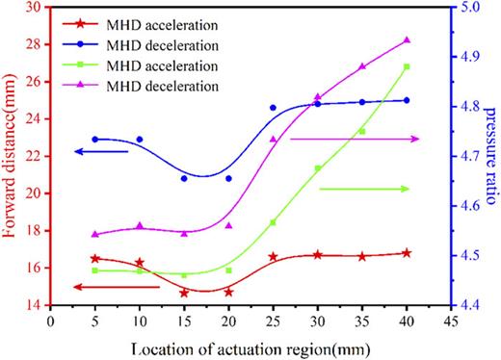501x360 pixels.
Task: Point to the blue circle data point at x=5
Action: tap(94, 140)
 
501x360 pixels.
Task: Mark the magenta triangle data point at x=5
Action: tap(94, 234)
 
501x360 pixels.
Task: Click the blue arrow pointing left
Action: tap(102, 151)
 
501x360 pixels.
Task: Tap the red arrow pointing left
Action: tap(102, 287)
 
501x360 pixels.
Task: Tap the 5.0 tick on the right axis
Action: tap(466, 7)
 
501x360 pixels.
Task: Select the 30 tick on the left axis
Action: tap(37, 7)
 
